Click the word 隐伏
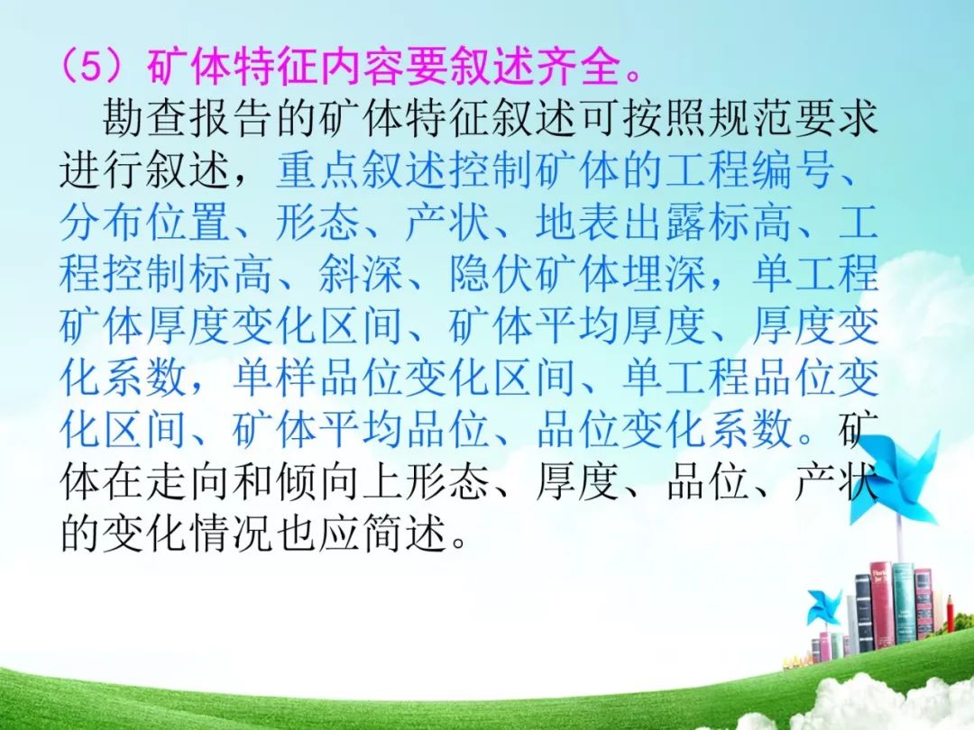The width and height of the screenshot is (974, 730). [x=492, y=273]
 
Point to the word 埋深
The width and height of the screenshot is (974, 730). [x=666, y=273]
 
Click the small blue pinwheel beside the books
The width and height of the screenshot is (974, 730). [x=824, y=607]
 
